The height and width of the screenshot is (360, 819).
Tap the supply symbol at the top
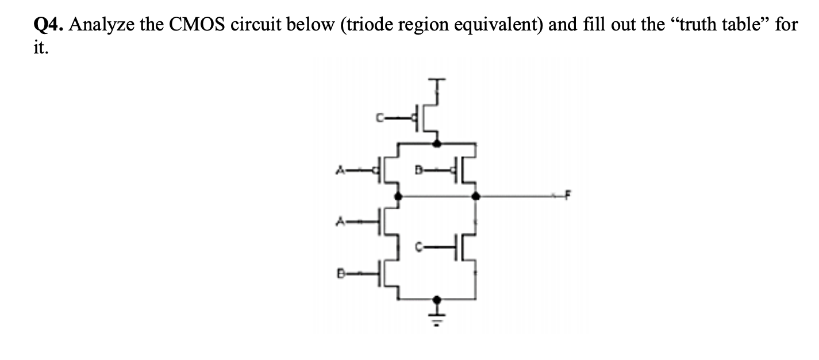pyautogui.click(x=438, y=82)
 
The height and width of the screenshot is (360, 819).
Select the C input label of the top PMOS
pyautogui.click(x=379, y=119)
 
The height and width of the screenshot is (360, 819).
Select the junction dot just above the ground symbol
pyautogui.click(x=438, y=299)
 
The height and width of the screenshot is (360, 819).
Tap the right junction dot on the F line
pyautogui.click(x=475, y=197)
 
